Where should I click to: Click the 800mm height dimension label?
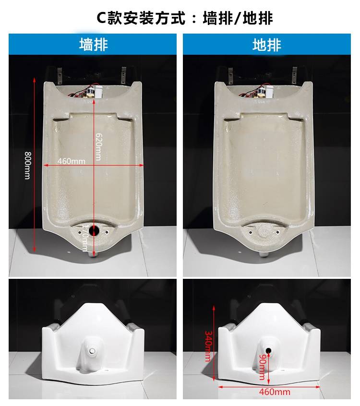(27, 165)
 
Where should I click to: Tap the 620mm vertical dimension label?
(99, 147)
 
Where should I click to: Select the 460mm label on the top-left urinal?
(72, 161)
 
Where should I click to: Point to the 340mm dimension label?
(208, 346)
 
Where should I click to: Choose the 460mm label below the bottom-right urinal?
(275, 392)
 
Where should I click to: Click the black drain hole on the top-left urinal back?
(93, 230)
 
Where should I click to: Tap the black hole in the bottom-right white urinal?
(268, 351)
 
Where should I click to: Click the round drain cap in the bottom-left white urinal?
(92, 351)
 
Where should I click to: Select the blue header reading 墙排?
(93, 44)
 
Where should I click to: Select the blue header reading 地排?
(267, 44)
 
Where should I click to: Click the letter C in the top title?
(102, 18)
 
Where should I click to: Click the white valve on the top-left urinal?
(98, 93)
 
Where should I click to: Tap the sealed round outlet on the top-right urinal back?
(264, 230)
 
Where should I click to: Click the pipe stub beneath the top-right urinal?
(264, 254)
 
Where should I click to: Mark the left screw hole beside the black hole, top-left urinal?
(80, 232)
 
